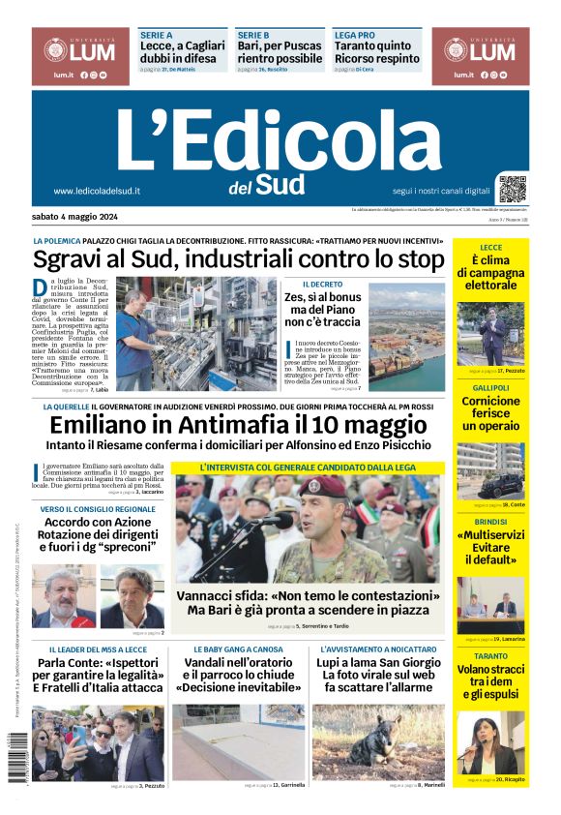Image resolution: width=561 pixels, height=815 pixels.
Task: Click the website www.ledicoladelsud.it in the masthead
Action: point(97,192)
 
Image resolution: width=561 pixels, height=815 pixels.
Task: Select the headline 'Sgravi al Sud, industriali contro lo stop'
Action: point(238,258)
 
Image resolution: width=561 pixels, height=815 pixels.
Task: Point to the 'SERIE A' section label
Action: point(157,35)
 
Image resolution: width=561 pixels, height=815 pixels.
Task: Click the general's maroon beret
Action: point(321,486)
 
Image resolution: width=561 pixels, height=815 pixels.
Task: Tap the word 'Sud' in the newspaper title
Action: point(280,184)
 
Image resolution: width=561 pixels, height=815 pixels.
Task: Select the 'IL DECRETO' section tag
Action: point(321,285)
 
